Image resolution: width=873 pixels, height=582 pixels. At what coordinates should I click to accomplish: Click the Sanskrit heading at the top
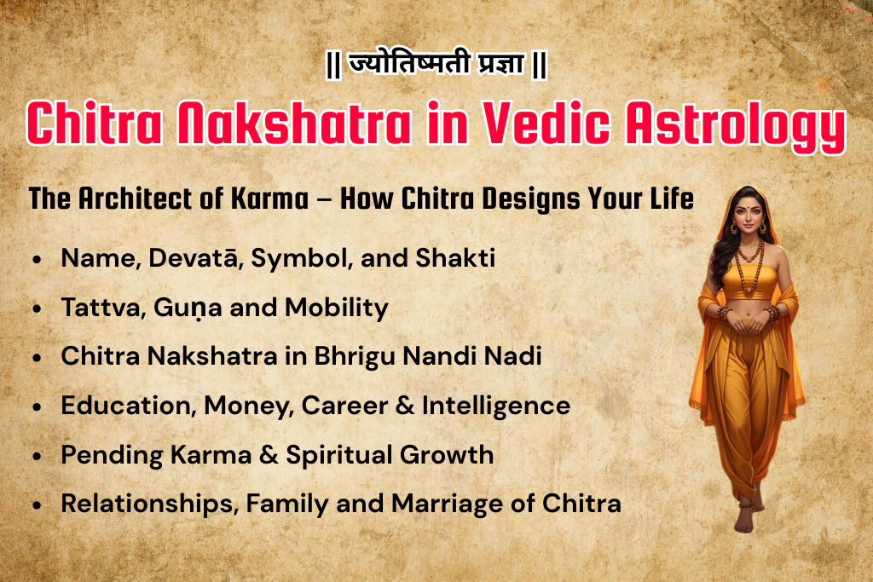[x=436, y=66]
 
